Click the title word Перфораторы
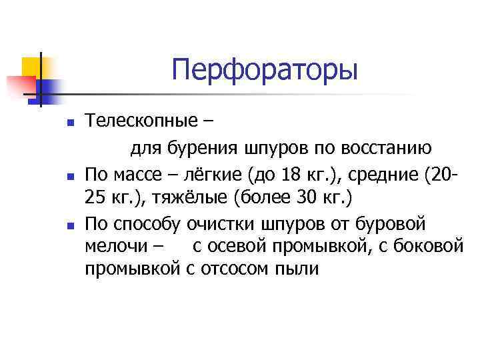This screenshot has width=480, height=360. coord(264,70)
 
